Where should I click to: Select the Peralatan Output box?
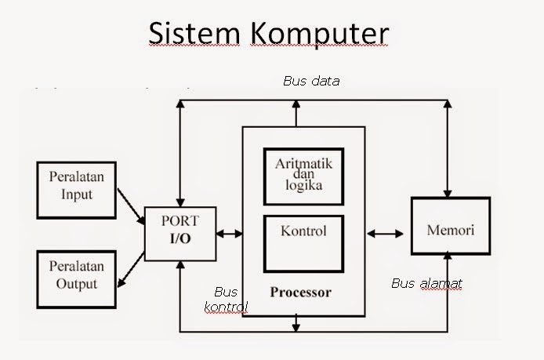(76, 274)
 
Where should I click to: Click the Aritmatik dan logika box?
(303, 176)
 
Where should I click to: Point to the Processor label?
(300, 293)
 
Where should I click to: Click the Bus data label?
(310, 81)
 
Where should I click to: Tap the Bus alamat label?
(426, 283)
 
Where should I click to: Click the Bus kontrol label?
(227, 299)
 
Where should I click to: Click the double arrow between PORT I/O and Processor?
(230, 233)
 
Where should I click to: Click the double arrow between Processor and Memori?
(384, 233)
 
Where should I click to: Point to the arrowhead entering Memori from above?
(447, 194)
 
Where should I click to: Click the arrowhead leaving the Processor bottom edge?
(296, 322)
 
